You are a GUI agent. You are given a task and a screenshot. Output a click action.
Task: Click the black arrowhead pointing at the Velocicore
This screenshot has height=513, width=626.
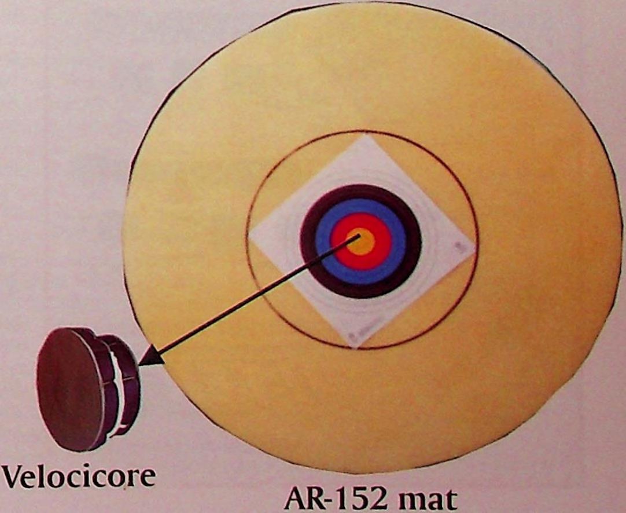[147, 358]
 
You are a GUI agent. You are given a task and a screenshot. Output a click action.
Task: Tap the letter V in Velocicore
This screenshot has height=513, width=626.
[13, 476]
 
